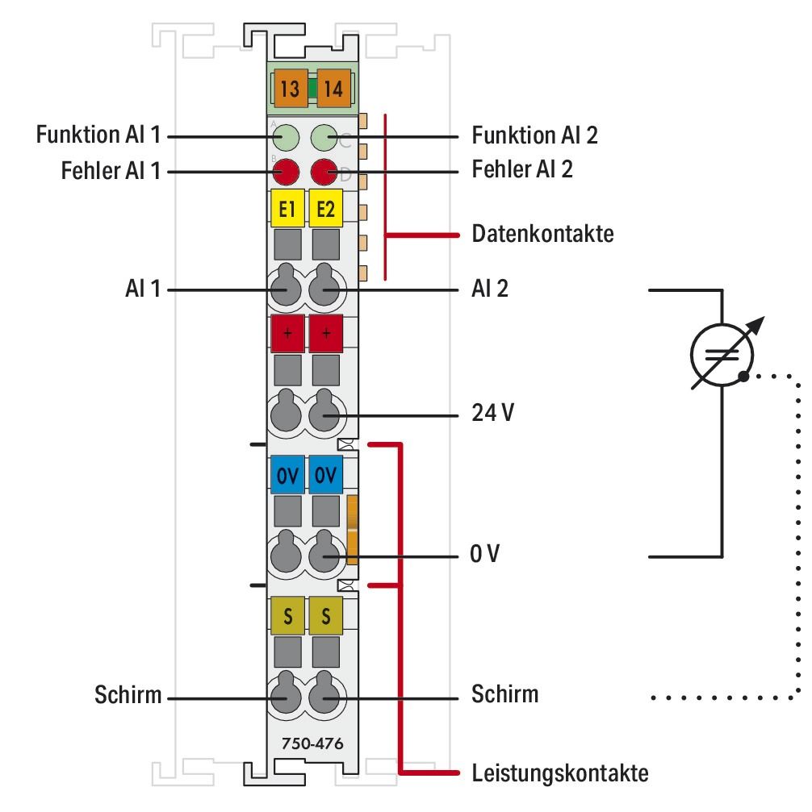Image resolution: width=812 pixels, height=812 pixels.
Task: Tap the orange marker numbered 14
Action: click(x=331, y=89)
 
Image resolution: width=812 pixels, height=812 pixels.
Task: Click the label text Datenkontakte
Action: click(x=542, y=235)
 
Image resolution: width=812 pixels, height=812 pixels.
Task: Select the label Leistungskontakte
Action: click(x=559, y=774)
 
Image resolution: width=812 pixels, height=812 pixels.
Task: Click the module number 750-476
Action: click(x=306, y=743)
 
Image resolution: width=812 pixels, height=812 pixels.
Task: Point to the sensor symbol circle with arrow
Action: click(x=722, y=353)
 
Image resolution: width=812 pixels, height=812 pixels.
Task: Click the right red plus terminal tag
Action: click(x=326, y=334)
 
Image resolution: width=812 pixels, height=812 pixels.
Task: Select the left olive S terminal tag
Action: click(x=287, y=617)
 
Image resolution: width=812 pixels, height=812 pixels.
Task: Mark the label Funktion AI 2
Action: click(x=534, y=135)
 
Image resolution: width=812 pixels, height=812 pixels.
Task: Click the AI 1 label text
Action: click(x=142, y=288)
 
